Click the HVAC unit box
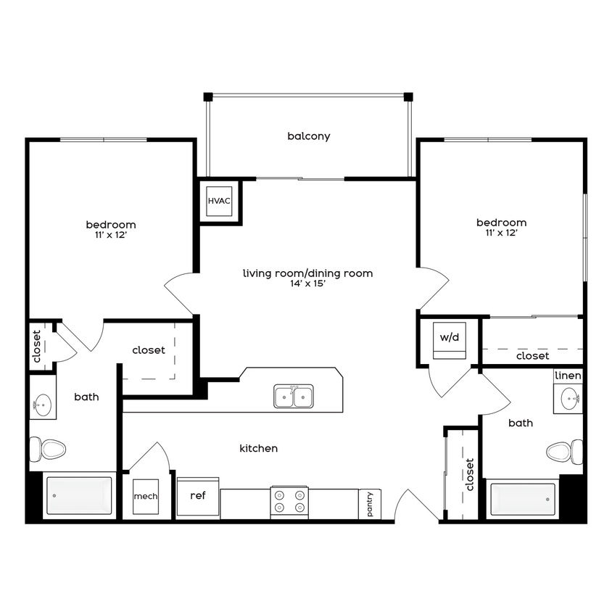tap(219, 200)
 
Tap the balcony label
tap(308, 136)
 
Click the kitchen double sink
tap(294, 397)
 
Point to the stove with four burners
tap(289, 501)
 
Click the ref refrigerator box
tap(197, 496)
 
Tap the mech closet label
tap(146, 497)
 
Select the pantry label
tap(369, 503)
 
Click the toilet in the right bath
tap(563, 452)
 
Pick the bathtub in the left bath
tap(80, 495)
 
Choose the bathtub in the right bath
tap(523, 499)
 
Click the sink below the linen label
tap(568, 397)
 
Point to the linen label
tap(568, 376)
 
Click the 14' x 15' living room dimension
tap(307, 284)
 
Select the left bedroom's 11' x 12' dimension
tap(111, 236)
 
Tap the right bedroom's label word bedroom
tap(501, 223)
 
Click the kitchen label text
tap(258, 449)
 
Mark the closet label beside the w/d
tap(532, 356)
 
